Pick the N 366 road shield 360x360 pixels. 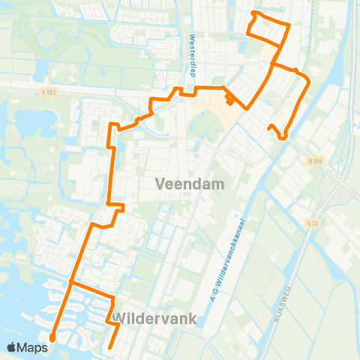tap(314, 160)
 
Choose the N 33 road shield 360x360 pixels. tap(313, 223)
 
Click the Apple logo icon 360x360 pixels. tap(12, 347)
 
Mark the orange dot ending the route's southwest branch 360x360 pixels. tap(52, 338)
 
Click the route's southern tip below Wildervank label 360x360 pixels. tap(109, 347)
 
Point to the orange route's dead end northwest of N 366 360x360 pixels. tap(269, 128)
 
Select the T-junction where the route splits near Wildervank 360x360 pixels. tap(70, 283)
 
